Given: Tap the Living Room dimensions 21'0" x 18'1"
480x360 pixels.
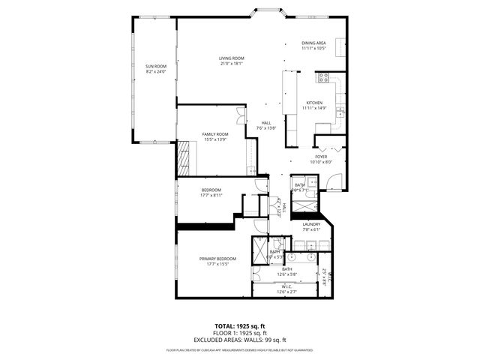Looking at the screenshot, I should [232, 64].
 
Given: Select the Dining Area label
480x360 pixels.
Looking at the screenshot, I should [313, 43].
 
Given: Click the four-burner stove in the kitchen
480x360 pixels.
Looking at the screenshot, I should [324, 76].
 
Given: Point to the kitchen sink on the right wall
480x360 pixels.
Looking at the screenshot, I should [340, 111].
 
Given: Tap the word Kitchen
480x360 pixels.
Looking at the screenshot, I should [313, 103].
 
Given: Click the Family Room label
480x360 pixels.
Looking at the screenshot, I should [214, 134].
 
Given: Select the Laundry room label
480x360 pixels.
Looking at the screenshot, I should [311, 224].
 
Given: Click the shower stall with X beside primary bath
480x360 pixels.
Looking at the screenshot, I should [259, 249].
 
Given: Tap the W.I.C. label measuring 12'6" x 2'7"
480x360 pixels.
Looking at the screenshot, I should [287, 289].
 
